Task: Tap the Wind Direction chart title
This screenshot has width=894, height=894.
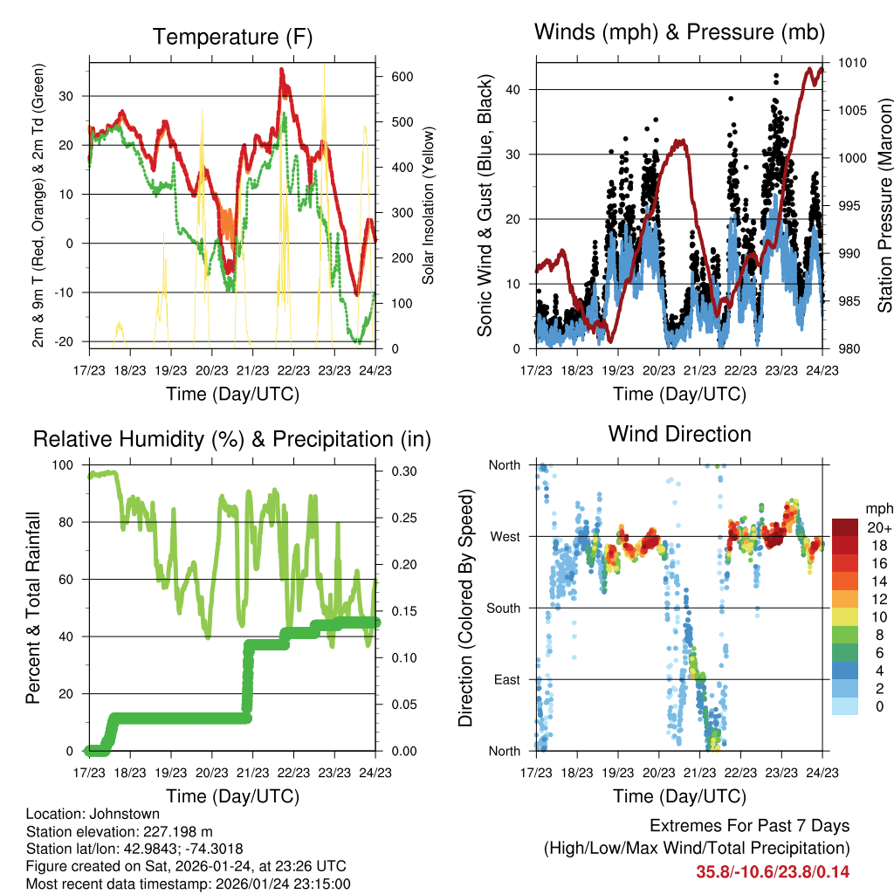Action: tap(679, 433)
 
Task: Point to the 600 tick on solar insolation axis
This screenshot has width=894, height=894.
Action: tap(402, 77)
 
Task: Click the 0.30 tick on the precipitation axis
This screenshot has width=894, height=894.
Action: tap(400, 471)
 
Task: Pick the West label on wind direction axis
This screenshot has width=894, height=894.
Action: tap(505, 536)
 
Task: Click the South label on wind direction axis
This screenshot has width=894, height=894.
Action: tap(503, 608)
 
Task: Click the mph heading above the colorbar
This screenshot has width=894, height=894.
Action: tap(877, 508)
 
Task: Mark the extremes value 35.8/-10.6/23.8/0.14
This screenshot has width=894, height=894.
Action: tap(773, 871)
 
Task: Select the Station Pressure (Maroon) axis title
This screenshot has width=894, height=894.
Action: tap(884, 205)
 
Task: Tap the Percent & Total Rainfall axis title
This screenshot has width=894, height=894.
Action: tap(32, 609)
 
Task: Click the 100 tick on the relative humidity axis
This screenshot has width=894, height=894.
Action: tap(65, 465)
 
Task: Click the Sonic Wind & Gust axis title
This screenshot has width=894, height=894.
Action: tap(485, 207)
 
